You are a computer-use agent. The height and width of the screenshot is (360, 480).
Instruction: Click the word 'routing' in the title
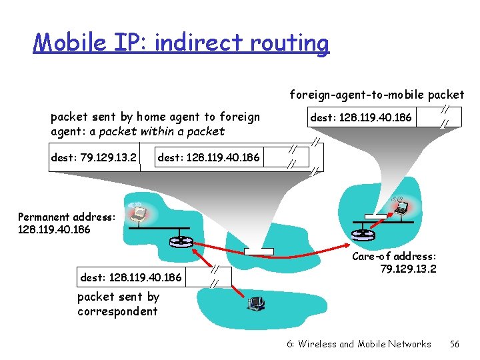click(291, 43)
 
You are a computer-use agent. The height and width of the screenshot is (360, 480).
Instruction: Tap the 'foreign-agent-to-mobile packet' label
click(377, 94)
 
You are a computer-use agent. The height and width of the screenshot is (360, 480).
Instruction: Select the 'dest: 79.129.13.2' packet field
click(94, 158)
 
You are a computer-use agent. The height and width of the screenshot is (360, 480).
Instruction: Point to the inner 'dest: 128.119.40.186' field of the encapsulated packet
click(209, 158)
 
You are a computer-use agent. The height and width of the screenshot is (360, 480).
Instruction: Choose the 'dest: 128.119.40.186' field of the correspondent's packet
click(131, 275)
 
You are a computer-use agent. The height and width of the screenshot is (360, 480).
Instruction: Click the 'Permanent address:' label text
click(67, 217)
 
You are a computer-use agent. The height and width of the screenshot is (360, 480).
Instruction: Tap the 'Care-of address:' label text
click(394, 256)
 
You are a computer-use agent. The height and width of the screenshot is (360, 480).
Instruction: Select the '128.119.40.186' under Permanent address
click(55, 229)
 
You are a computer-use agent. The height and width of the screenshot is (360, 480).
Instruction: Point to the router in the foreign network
click(360, 234)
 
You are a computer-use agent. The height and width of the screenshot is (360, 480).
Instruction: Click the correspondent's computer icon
click(255, 305)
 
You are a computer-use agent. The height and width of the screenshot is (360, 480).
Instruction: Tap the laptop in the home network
click(138, 213)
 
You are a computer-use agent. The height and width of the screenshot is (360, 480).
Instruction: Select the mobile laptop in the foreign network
click(400, 208)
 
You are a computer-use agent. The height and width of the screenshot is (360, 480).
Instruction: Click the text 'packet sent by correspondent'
click(118, 304)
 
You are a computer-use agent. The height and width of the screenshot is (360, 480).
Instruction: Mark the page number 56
click(455, 344)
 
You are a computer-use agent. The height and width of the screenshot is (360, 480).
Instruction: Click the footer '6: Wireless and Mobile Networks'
click(359, 344)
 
